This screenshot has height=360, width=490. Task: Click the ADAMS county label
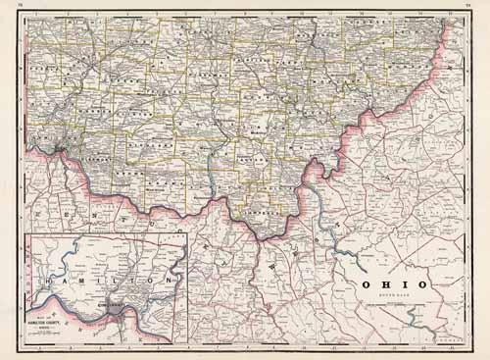pyautogui.click(x=157, y=184)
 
